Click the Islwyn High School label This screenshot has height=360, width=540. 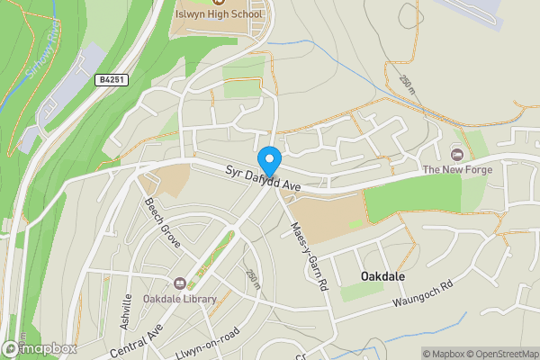220,14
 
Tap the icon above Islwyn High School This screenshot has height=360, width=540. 220,3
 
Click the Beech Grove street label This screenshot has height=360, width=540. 163,223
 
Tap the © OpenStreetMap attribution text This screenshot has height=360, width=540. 504,354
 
